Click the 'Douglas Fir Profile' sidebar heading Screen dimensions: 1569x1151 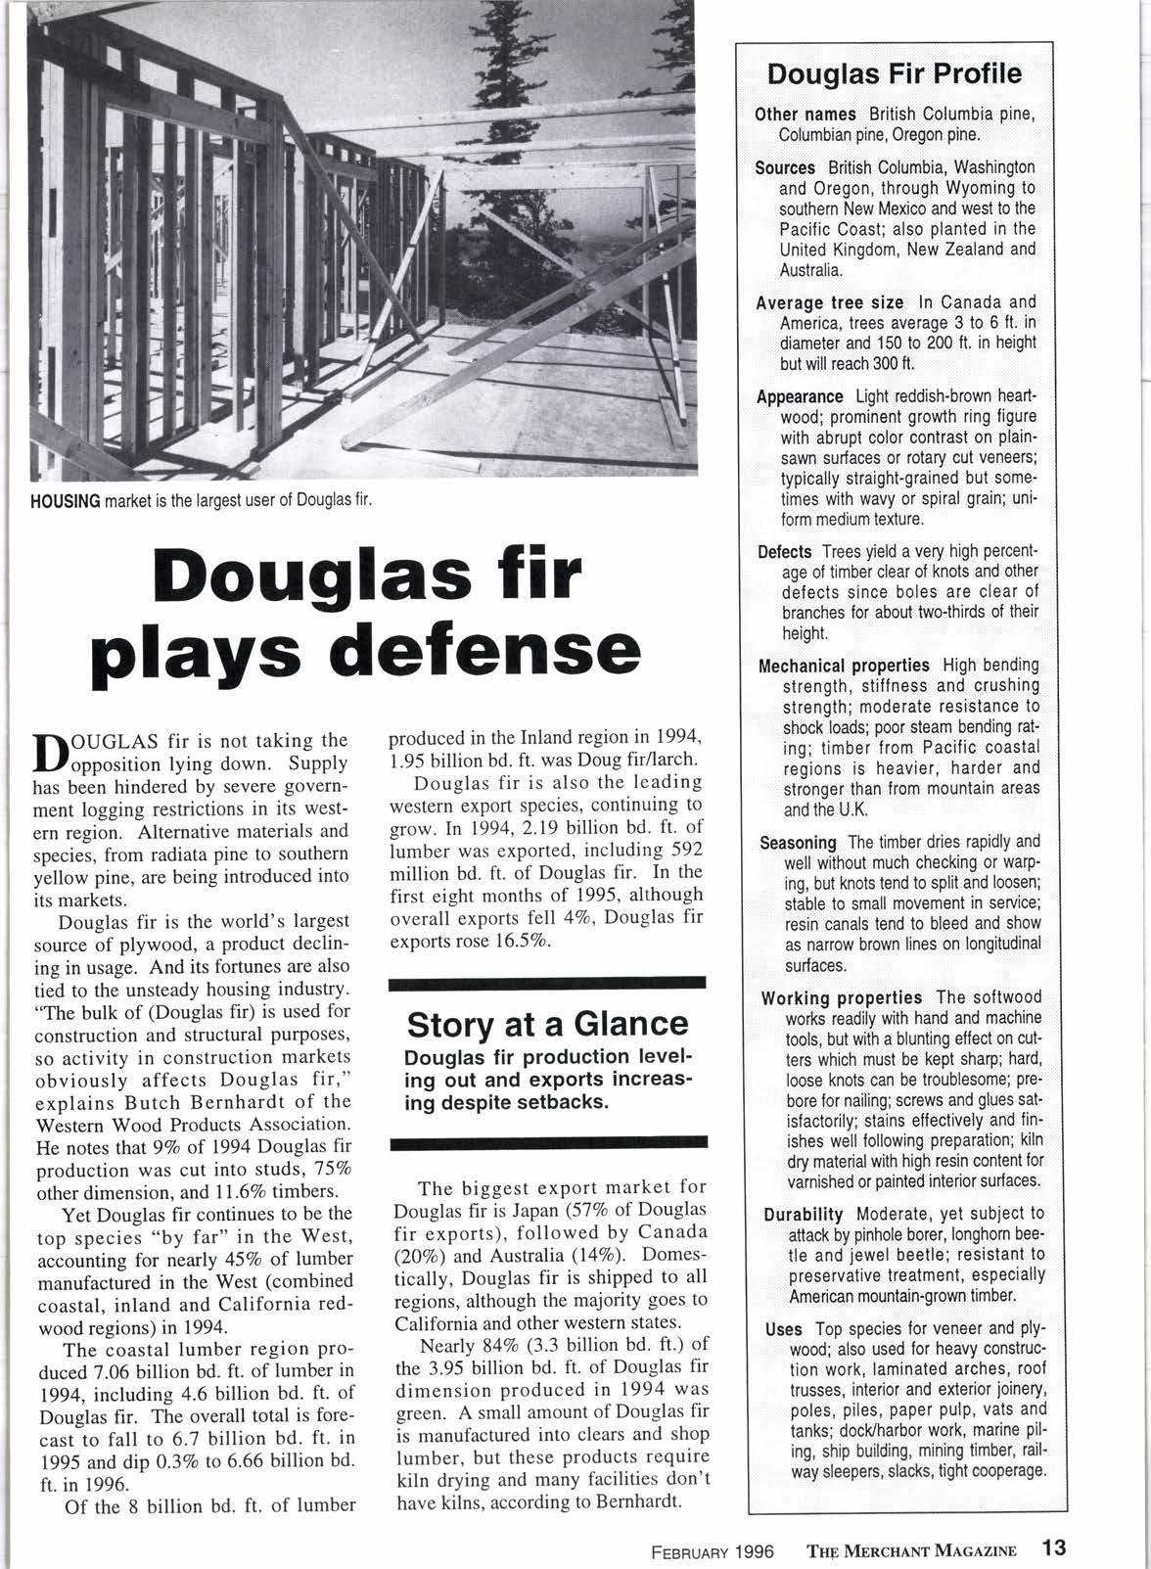point(894,74)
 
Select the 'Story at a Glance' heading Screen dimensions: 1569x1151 point(547,1024)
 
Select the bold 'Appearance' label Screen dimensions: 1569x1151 point(800,396)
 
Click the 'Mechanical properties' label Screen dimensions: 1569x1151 point(844,666)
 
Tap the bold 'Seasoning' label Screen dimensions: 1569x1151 point(798,842)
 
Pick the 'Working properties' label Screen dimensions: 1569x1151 point(841,997)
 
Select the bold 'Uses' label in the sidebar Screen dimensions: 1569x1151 point(784,1329)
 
